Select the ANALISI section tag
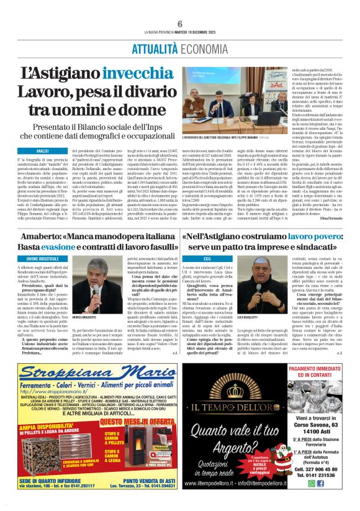[43, 151]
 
